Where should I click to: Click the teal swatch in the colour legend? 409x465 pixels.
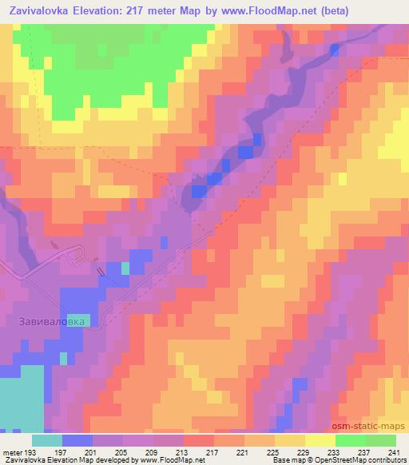pos(47,439)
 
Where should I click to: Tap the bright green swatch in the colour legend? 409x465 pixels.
pos(350,439)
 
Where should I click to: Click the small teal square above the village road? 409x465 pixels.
pos(125,268)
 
